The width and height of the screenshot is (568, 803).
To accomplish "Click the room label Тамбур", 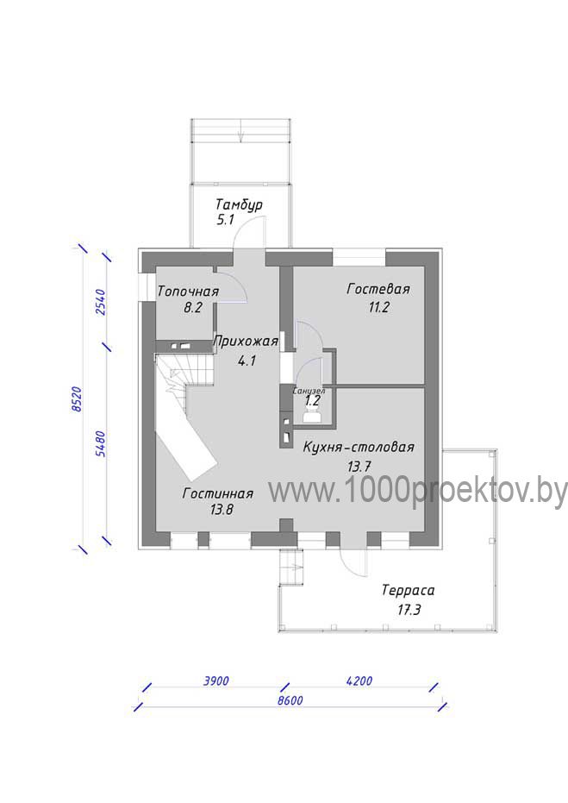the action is click(239, 205).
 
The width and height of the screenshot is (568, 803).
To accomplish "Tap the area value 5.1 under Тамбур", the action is click(225, 220).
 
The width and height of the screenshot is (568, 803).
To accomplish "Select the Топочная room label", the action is click(188, 292).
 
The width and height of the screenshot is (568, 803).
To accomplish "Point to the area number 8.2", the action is click(193, 308).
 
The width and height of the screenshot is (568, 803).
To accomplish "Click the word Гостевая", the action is click(378, 289).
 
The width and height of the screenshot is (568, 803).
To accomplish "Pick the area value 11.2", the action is click(378, 307).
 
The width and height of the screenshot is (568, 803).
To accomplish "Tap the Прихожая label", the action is click(246, 341).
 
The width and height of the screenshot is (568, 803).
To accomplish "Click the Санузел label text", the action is click(309, 391).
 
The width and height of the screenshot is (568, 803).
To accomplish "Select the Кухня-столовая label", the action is click(359, 447).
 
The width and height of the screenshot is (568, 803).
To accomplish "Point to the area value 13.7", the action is click(359, 466).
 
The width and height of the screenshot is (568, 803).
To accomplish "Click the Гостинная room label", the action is click(217, 493).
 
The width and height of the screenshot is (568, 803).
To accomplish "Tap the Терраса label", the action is click(408, 591).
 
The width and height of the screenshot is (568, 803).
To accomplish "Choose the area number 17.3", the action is click(409, 610).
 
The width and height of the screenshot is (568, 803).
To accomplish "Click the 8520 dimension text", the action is click(77, 399).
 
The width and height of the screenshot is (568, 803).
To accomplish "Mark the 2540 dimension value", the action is click(100, 303).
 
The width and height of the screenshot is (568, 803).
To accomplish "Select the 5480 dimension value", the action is click(100, 443).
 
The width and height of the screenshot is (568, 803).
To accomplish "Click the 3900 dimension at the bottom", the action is click(216, 681).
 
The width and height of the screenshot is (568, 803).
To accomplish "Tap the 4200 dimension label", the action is click(359, 681).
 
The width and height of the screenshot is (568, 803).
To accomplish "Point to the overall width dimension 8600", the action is click(290, 700).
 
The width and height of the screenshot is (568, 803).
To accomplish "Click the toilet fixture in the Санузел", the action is click(311, 417).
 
